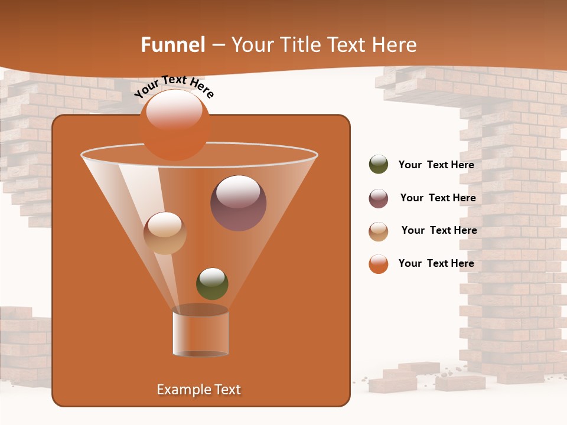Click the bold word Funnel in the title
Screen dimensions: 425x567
click(172, 45)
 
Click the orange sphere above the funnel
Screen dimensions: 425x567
click(174, 125)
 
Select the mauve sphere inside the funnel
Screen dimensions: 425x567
click(238, 203)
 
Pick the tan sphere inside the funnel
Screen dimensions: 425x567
click(165, 233)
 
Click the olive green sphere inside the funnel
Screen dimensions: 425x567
click(212, 283)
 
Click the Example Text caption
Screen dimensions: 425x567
click(198, 390)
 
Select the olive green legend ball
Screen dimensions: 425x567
click(378, 165)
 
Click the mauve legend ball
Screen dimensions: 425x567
click(378, 198)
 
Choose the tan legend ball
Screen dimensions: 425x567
click(378, 231)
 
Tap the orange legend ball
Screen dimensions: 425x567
click(378, 264)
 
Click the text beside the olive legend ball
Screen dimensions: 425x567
click(436, 165)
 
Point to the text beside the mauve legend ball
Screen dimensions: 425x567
click(438, 198)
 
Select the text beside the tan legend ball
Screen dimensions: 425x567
click(439, 231)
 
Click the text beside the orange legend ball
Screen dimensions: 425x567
click(436, 263)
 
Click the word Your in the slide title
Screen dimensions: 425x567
click(252, 45)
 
